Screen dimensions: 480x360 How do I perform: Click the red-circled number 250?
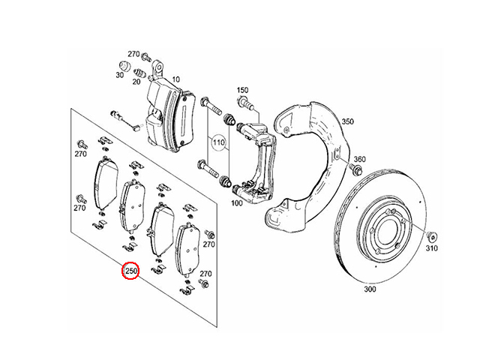pyautogui.click(x=130, y=271)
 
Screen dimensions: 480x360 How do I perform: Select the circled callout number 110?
pyautogui.click(x=218, y=142)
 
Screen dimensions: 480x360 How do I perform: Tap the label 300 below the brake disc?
pyautogui.click(x=370, y=289)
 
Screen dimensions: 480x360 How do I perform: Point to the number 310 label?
pyautogui.click(x=432, y=248)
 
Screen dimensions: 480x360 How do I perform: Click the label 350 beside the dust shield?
pyautogui.click(x=347, y=121)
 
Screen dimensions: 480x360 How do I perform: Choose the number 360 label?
pyautogui.click(x=360, y=159)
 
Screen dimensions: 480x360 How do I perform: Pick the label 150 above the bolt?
pyautogui.click(x=242, y=90)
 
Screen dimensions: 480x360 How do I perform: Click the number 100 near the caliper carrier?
pyautogui.click(x=237, y=203)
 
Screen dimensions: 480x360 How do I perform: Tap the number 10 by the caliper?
pyautogui.click(x=175, y=79)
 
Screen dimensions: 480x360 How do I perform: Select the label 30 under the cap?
pyautogui.click(x=120, y=75)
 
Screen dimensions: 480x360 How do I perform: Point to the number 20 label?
pyautogui.click(x=136, y=82)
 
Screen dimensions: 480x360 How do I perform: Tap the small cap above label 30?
pyautogui.click(x=124, y=65)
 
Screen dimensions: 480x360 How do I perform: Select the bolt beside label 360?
pyautogui.click(x=355, y=169)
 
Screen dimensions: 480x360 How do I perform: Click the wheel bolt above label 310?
pyautogui.click(x=433, y=238)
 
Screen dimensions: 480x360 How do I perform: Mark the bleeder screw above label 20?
pyautogui.click(x=139, y=73)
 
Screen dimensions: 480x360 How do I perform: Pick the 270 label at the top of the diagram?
pyautogui.click(x=133, y=54)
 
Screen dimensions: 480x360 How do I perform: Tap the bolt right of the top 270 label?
pyautogui.click(x=147, y=57)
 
